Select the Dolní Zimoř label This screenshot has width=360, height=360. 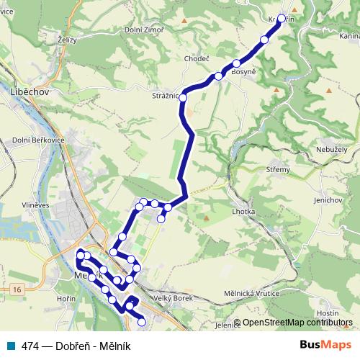coord(144,29)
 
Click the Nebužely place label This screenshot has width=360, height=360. coord(332,148)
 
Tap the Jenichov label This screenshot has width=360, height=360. coord(328,199)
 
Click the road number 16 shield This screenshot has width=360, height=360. coord(17,289)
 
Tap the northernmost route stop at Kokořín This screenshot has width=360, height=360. coord(281,19)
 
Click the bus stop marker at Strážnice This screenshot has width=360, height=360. coord(184,97)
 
